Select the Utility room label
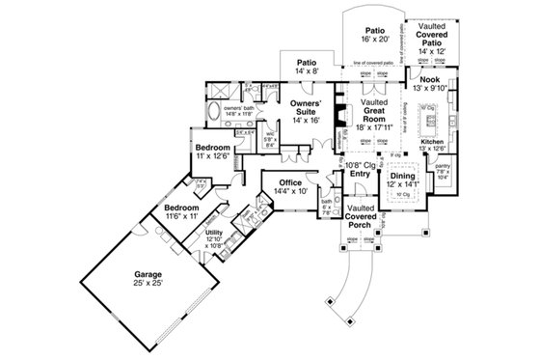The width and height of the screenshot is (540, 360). coord(214,233)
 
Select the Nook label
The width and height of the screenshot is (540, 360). coord(431,81)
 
